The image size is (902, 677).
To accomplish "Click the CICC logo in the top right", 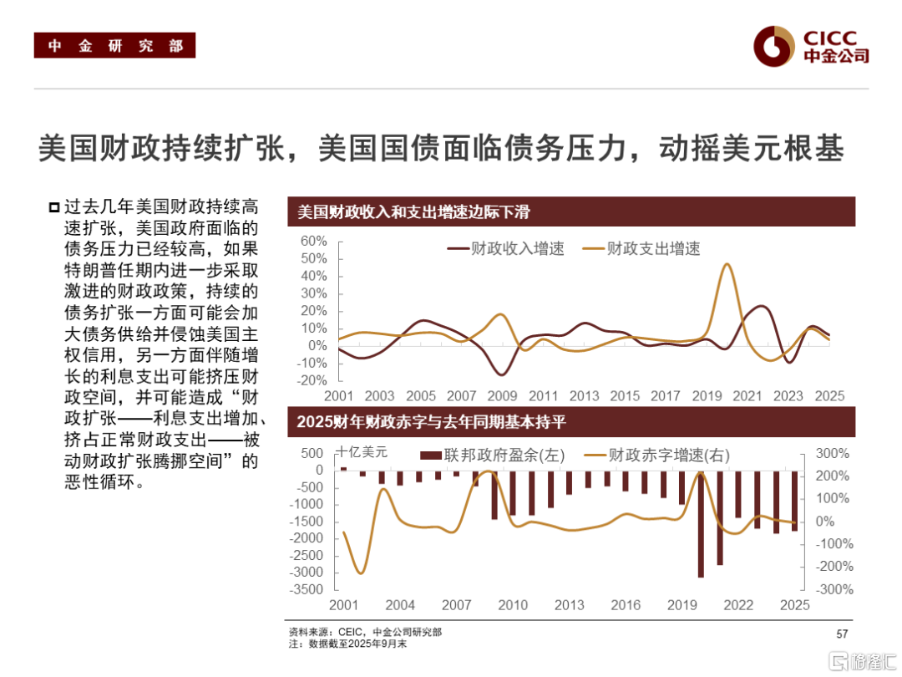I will coord(811,46).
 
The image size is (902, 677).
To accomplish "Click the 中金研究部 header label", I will coord(114,46).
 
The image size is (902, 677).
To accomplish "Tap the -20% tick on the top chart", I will coord(312,380).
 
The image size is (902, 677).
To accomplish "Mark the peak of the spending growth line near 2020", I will coord(727,264).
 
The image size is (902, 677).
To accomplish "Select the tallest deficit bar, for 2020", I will coord(701,523).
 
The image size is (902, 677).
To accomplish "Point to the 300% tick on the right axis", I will coord(833,454).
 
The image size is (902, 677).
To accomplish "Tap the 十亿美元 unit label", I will coord(362,452).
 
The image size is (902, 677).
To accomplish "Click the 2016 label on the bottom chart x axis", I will coord(626,605).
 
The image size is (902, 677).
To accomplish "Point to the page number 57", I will coord(843,633).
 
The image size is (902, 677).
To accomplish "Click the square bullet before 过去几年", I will coord(54,206).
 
